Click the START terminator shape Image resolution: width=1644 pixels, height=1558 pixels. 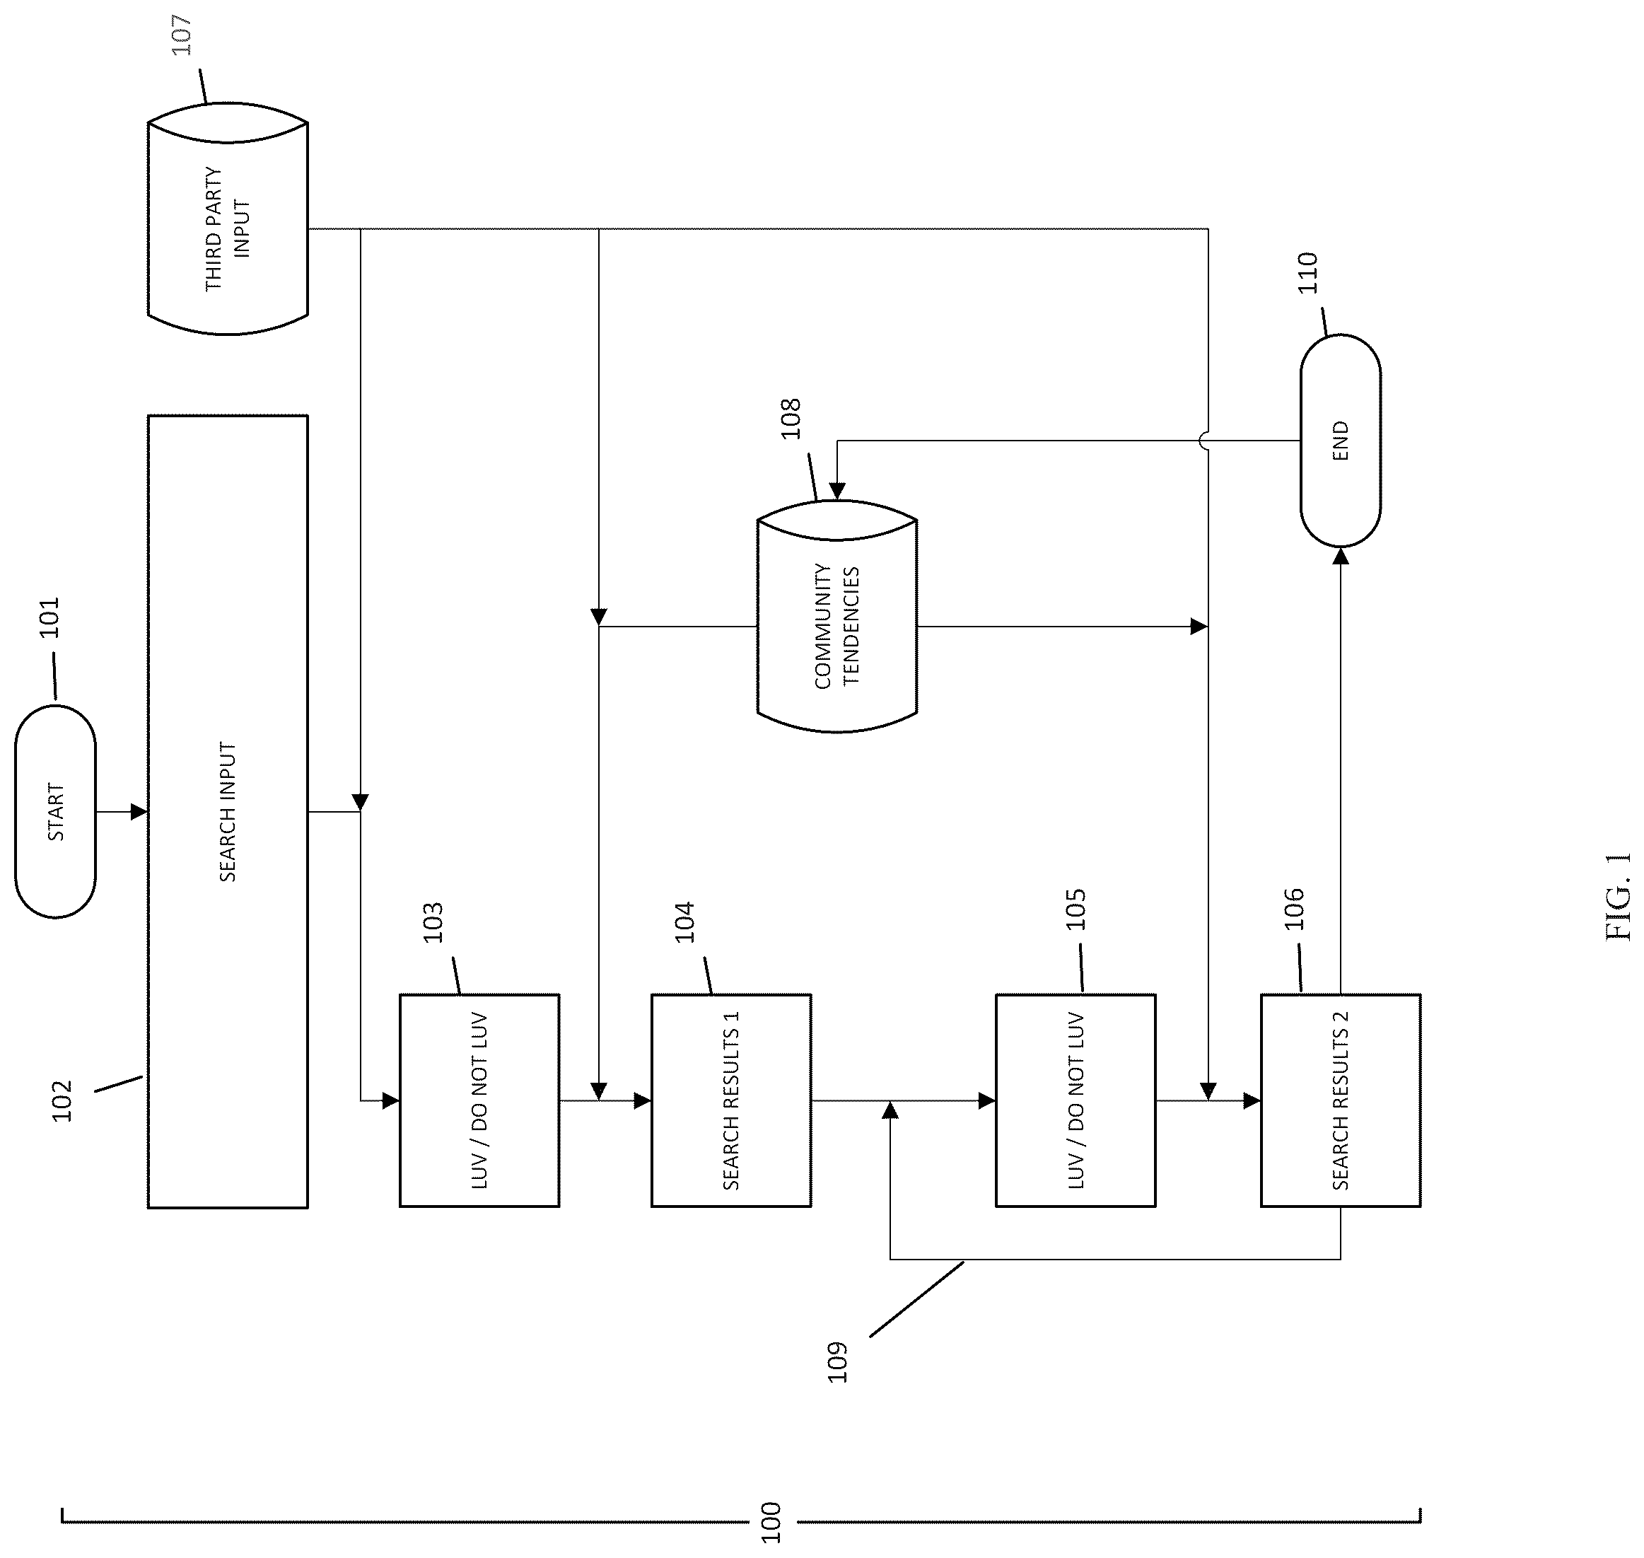coord(56,811)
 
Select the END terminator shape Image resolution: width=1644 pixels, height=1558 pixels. coord(1340,440)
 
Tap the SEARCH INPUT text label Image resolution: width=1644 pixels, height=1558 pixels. coord(228,811)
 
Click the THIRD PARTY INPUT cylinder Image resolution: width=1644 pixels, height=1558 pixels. coord(228,219)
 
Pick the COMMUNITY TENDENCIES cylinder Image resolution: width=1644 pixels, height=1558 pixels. coord(837,616)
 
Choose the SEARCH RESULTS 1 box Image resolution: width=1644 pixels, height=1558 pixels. coord(730,1100)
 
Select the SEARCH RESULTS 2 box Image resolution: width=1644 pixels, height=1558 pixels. coord(1340,1100)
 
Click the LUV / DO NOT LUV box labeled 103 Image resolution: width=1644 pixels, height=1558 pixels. coord(479,1100)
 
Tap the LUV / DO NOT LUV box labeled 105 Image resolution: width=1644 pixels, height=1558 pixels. coord(1075,1100)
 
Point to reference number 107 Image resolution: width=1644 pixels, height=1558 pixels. coord(180,35)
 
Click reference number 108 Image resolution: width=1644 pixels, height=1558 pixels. coord(790,419)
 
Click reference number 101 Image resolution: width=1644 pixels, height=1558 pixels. coord(49,617)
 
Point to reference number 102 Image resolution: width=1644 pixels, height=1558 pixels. coord(62,1101)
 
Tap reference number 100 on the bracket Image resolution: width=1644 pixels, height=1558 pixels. coord(771,1523)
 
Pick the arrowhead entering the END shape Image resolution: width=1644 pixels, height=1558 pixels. coord(1340,556)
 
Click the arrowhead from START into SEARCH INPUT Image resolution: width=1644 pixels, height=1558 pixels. coord(139,811)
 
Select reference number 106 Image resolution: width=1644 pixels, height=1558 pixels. coord(1293,909)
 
